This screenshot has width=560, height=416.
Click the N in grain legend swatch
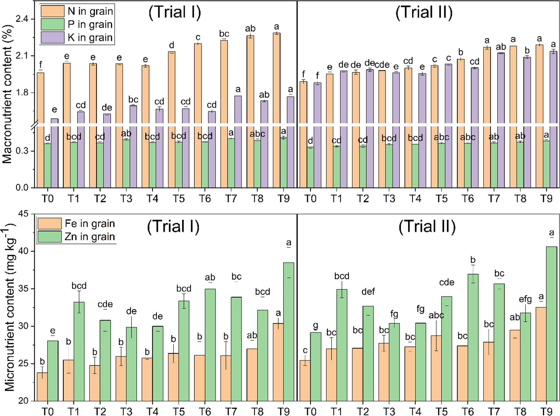(x=53, y=11)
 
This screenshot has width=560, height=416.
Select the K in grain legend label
(x=90, y=38)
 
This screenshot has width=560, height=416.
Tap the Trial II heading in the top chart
(x=424, y=12)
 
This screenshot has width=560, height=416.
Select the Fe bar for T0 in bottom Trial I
(x=42, y=386)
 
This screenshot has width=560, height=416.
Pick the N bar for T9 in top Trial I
(x=276, y=109)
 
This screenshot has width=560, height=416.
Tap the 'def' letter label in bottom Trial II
(x=368, y=292)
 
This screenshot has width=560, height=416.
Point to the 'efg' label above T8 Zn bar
(x=525, y=299)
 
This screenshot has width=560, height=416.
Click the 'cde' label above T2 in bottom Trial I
(x=105, y=304)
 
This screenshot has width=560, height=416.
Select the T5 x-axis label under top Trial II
(x=441, y=198)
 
